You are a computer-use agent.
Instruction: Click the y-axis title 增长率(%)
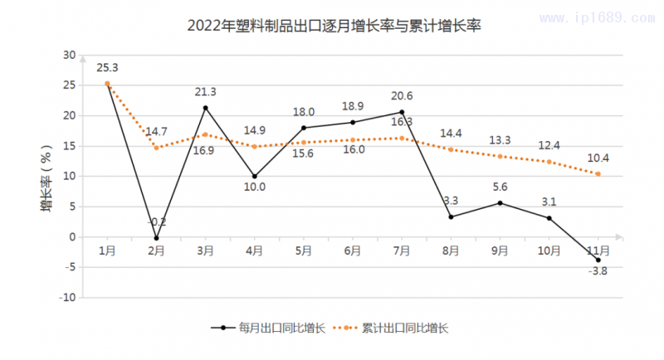point(47,177)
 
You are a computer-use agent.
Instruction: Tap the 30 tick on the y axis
point(69,55)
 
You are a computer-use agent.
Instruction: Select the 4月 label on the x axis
point(254,250)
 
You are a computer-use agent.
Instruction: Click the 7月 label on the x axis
point(402,250)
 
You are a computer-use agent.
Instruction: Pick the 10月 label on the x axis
point(549,250)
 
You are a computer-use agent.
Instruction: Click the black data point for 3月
point(205,108)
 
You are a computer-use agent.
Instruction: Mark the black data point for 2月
point(156,238)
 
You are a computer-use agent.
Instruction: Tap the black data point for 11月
point(598,260)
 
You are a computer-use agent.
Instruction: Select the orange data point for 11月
point(598,174)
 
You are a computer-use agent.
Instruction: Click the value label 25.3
point(107,68)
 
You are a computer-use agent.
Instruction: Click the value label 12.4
point(549,146)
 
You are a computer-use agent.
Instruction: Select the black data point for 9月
point(500,203)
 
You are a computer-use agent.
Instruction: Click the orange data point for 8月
point(451,149)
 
